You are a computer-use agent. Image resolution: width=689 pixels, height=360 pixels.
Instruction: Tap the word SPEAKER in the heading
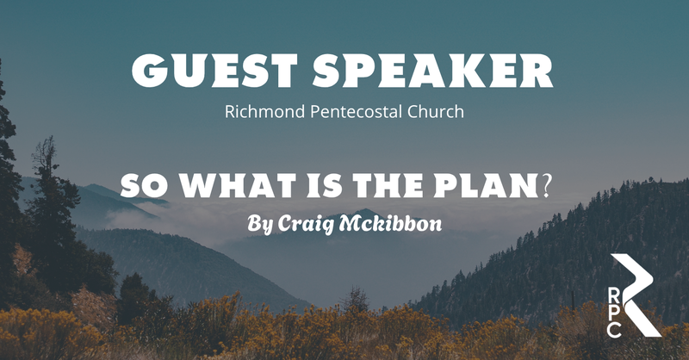433,71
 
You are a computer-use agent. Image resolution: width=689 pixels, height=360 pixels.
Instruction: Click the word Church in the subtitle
436,112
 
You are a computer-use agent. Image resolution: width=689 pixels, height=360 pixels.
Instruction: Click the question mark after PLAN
546,186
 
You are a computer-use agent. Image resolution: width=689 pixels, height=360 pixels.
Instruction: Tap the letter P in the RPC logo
614,312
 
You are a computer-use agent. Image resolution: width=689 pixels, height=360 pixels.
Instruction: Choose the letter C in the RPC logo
614,330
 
